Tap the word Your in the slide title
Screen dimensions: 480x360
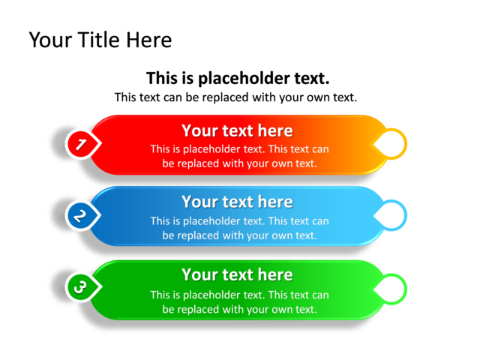[51, 40]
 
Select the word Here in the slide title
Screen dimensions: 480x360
[149, 40]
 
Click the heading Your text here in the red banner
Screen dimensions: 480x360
[237, 130]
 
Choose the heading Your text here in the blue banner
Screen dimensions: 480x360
[237, 202]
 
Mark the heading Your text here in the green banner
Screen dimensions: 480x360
[237, 274]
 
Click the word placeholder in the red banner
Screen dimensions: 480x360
[213, 149]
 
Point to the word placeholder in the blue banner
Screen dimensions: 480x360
[213, 221]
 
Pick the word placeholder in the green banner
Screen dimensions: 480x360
[213, 295]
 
